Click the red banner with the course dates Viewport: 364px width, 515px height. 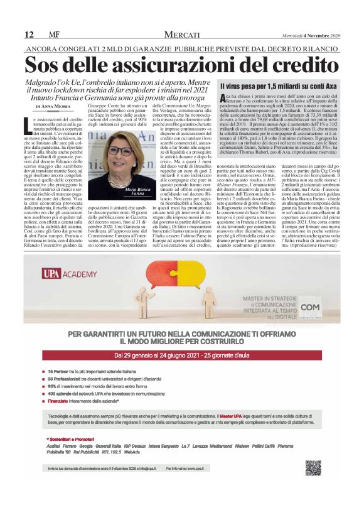pos(181,355)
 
